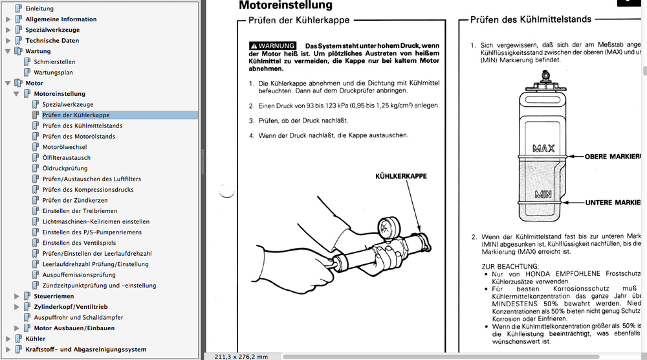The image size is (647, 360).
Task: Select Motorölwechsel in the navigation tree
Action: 65,147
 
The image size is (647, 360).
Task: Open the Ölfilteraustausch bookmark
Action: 67,157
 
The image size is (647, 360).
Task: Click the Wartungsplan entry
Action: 53,73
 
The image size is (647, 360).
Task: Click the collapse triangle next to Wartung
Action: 8,51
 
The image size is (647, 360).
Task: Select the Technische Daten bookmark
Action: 52,40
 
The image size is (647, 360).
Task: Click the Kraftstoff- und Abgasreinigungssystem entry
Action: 85,350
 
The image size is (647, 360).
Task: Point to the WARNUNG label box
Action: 272,46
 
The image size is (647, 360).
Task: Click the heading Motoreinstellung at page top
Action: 285,6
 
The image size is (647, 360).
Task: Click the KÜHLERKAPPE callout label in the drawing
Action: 400,176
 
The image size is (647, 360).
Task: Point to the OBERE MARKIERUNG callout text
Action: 611,157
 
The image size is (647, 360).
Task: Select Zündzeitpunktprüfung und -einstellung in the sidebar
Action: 99,286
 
